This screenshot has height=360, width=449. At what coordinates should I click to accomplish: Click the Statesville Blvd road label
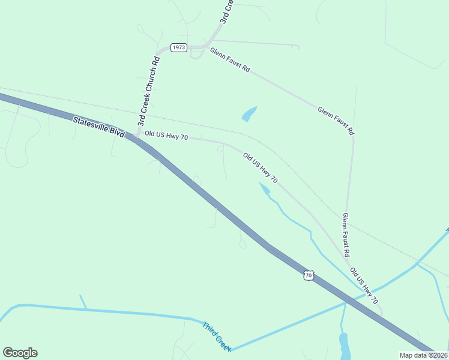coord(98,128)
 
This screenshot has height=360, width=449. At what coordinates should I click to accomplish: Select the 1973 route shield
coord(179,47)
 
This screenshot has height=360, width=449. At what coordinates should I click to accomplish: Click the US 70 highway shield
coord(308,275)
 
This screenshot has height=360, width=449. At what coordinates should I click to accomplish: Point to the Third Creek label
coord(216,337)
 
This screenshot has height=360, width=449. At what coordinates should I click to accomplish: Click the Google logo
coord(20,353)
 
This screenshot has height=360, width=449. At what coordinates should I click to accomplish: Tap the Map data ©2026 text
coord(424,355)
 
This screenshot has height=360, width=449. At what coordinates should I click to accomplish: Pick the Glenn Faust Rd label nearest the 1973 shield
coord(229,60)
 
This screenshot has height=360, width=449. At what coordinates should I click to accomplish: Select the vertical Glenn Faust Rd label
coord(346,235)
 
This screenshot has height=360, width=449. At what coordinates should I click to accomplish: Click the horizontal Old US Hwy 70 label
coord(166,137)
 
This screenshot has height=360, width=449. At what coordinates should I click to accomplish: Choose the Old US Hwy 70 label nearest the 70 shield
coord(364,284)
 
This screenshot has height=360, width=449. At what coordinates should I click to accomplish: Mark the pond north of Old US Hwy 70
coord(249,114)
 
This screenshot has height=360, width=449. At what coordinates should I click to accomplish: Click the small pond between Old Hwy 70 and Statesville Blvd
coord(264,188)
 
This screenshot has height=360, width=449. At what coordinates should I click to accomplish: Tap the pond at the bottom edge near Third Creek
coord(344,347)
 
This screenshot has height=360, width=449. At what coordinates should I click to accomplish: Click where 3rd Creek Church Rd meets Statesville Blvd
coord(136,139)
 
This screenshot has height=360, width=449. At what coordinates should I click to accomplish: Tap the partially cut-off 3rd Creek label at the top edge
coord(225,12)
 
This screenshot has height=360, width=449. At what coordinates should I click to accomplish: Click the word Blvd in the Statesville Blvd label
coord(116,133)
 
